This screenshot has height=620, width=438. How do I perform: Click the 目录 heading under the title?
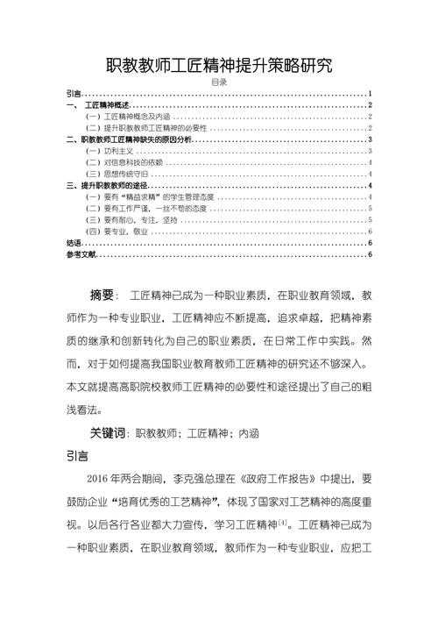tap(219, 82)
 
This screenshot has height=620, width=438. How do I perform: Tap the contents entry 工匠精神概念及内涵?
tap(131, 116)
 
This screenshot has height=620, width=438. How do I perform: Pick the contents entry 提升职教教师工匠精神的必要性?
tap(149, 127)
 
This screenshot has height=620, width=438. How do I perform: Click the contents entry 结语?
tap(74, 243)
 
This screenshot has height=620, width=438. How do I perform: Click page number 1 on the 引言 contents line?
tap(371, 93)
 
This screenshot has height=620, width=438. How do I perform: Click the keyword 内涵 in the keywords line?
tap(249, 434)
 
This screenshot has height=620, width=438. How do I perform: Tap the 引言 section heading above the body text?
tap(77, 456)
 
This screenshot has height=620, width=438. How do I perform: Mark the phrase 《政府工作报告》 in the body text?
tap(279, 480)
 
